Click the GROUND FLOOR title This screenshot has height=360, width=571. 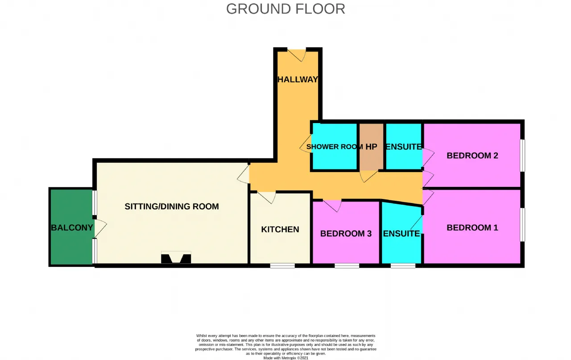pos(285,9)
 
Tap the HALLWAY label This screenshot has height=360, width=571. pos(298,79)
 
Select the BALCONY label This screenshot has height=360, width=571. pos(72,228)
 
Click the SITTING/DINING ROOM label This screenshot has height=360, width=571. pos(172,206)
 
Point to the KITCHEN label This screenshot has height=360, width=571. pos(280,229)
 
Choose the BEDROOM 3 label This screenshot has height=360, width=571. pos(346,234)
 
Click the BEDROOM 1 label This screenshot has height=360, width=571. pos(472,228)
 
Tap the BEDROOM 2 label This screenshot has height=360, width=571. pos(472,156)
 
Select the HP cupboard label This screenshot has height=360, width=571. pos(371,147)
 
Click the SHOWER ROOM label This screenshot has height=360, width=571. pos(335,147)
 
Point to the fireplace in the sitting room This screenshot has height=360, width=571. pos(176,257)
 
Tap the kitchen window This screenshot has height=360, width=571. pos(282,266)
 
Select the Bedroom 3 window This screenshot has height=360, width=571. pos(347,266)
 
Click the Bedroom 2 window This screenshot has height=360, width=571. pos(522,155)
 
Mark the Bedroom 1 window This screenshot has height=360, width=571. pos(522,225)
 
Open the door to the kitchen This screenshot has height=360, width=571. pos(266,197)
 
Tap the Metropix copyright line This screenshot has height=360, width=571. pos(285,358)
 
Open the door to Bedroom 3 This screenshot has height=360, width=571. pos(332,206)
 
